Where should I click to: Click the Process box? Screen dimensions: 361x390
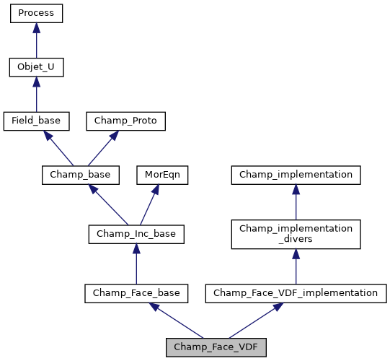tap(36, 14)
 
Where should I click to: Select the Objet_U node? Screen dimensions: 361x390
tap(36, 68)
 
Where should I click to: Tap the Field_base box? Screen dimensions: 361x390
tap(36, 121)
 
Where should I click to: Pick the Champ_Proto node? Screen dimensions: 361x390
tap(126, 121)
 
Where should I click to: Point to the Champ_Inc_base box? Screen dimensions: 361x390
tap(136, 234)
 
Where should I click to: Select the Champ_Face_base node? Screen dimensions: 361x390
tap(136, 293)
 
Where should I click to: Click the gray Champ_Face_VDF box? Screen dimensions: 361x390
tap(216, 347)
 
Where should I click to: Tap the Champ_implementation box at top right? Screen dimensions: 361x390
tap(296, 175)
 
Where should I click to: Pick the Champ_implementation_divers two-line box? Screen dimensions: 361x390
tap(296, 234)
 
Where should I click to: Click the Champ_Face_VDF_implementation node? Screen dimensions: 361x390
tap(296, 293)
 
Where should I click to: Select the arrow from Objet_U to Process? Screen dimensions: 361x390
tap(36, 41)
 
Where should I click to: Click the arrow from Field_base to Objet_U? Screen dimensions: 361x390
tap(36, 95)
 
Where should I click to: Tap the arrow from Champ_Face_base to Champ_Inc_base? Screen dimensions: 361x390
tap(136, 264)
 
